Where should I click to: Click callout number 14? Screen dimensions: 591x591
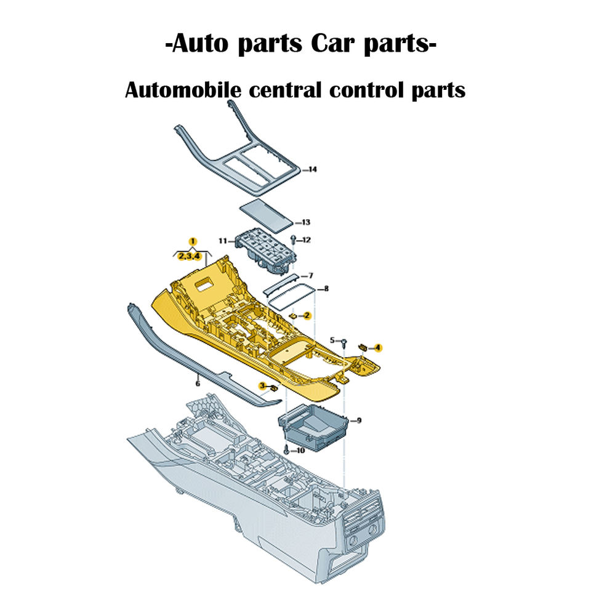click(x=312, y=169)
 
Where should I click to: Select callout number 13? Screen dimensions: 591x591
click(x=305, y=222)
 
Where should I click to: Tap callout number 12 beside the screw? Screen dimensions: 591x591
click(x=306, y=239)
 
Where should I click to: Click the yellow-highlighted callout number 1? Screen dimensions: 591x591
click(x=193, y=241)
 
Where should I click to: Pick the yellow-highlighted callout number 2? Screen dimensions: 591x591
click(x=307, y=315)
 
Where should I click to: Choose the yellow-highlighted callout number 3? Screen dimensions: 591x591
click(x=262, y=386)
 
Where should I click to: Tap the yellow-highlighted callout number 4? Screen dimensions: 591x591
click(x=378, y=348)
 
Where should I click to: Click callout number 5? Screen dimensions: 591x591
click(x=332, y=340)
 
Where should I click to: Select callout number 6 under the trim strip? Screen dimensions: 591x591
click(x=198, y=383)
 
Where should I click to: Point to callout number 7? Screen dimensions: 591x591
click(x=310, y=275)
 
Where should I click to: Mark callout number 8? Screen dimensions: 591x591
click(x=326, y=288)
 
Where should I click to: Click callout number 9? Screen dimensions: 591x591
click(x=359, y=420)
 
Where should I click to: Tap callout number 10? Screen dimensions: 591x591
click(x=300, y=451)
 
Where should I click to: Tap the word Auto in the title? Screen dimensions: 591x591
click(x=195, y=45)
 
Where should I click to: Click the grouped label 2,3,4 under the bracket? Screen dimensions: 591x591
click(x=189, y=255)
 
